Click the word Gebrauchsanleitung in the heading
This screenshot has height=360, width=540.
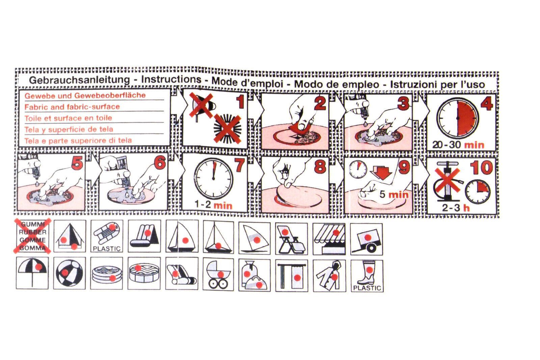point(79,80)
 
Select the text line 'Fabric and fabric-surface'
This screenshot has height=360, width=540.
point(72,107)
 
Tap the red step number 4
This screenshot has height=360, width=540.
point(486,104)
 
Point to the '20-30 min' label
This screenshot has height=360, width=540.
point(458,145)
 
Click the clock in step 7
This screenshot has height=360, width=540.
point(214,179)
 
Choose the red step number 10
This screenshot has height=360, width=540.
point(481,168)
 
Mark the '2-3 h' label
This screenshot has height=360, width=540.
point(456,208)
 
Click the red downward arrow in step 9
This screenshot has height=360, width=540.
point(382,172)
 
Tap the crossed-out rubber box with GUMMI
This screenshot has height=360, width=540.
point(32,236)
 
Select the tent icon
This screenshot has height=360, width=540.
point(70,236)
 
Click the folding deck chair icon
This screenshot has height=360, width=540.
point(292,239)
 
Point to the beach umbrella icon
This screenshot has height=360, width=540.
point(32,273)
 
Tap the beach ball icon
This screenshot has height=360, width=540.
point(70,273)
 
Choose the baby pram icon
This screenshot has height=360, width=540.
point(218,275)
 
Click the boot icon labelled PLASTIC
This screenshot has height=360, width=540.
point(367,276)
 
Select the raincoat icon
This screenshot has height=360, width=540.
point(329,276)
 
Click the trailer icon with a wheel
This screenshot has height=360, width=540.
point(367,239)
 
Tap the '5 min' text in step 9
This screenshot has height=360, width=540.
point(394,195)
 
